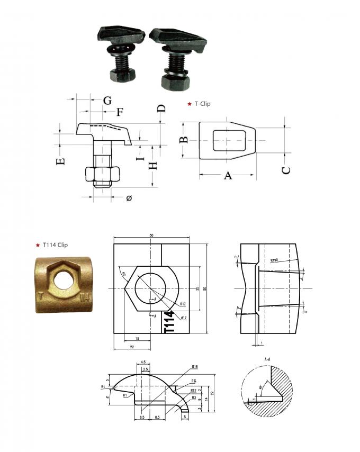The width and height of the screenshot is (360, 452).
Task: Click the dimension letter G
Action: click(107, 100)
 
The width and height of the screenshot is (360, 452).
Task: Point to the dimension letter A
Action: click(228, 176)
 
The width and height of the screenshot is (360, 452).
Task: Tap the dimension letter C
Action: click(286, 170)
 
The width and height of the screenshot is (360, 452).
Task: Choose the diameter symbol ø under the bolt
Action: click(129, 197)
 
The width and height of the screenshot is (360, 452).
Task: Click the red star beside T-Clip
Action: click(190, 104)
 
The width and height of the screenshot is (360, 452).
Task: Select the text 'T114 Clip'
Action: click(55, 245)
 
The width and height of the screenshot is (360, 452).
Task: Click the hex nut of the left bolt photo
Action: click(122, 75)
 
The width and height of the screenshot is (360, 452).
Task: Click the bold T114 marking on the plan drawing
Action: click(169, 322)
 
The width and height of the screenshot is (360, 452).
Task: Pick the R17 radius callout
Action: click(182, 304)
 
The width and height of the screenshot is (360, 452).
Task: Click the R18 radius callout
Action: click(195, 366)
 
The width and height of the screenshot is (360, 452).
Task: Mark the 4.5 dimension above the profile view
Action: click(142, 363)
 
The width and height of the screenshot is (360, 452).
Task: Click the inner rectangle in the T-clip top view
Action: click(228, 140)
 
